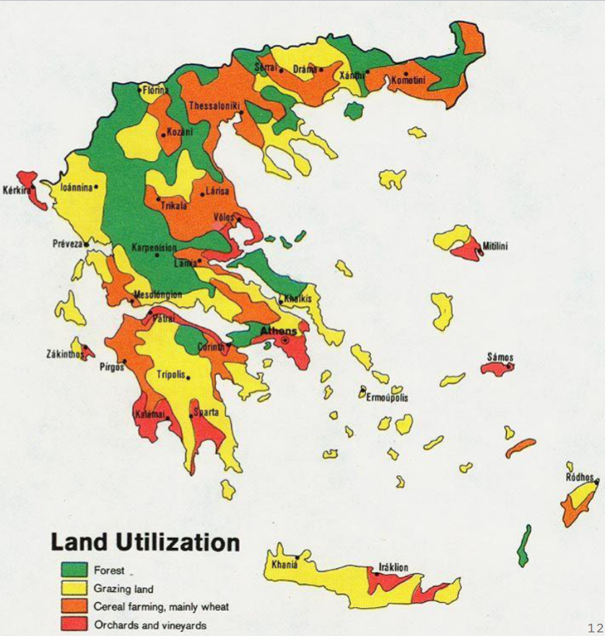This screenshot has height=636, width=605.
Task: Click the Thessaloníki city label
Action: point(213,105)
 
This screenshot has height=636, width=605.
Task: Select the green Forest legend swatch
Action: point(70,570)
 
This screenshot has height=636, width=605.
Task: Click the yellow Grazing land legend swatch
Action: point(70,588)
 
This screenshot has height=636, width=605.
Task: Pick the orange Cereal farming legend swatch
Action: point(70,606)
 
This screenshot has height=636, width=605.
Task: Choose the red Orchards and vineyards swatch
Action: point(70,624)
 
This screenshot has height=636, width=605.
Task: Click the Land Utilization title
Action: point(144,542)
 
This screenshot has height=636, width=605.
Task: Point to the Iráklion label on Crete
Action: point(393,567)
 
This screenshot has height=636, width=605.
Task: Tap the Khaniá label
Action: point(284,565)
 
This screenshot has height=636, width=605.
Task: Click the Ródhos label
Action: point(580,477)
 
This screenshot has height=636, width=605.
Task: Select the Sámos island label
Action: point(500,357)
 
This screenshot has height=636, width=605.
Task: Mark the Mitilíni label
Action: point(495,246)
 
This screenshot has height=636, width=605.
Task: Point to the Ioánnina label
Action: point(77,187)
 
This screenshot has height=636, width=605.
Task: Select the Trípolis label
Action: point(171,374)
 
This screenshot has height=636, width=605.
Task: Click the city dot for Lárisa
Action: point(202,194)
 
